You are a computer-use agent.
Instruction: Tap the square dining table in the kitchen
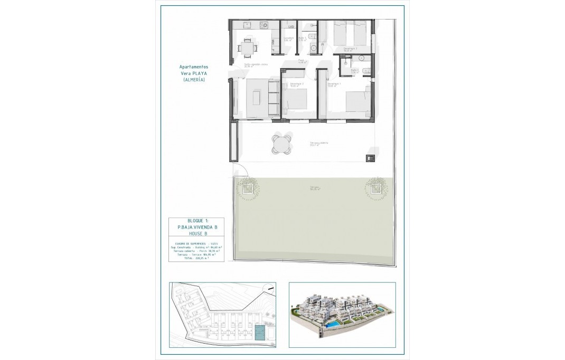coord(247,48)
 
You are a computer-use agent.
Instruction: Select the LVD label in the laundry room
coord(290,25)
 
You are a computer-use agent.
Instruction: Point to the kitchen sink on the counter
coord(247,25)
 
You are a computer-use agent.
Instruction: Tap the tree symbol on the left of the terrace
coord(247,188)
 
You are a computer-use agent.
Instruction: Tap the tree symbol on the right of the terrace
coord(375,188)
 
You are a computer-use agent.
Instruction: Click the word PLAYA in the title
coord(199,73)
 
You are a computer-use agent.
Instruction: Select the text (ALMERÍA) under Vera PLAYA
coord(193,79)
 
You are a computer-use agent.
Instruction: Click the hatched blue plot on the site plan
coord(259,333)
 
